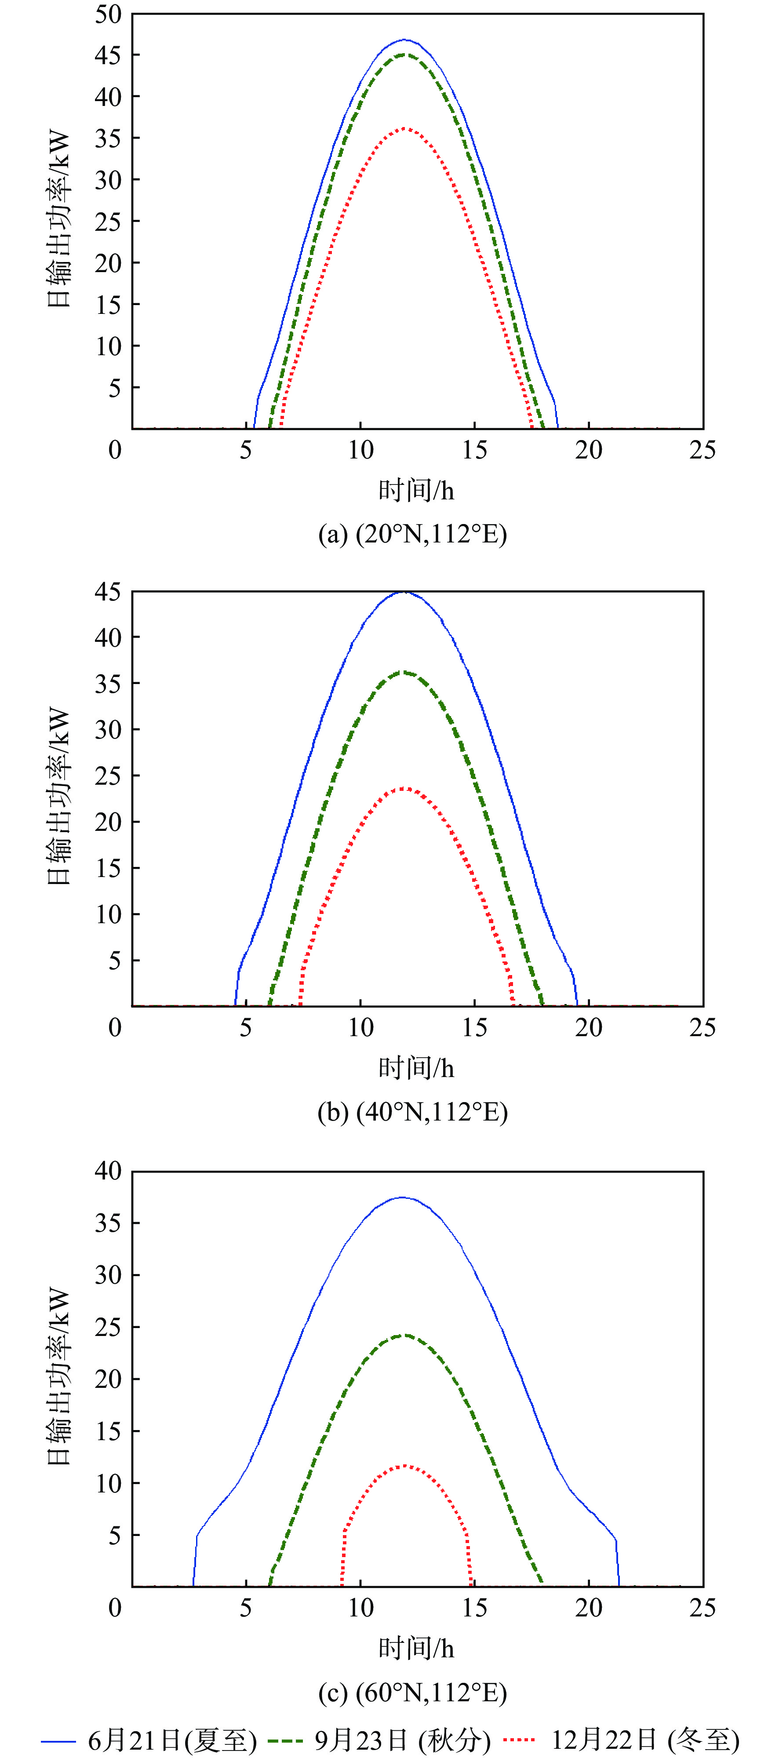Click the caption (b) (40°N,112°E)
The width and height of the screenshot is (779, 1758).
tap(412, 1112)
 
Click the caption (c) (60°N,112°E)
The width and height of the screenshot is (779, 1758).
tap(412, 1692)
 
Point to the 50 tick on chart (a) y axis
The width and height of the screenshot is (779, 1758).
tap(108, 15)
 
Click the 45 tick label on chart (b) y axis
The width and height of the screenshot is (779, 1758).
tap(108, 592)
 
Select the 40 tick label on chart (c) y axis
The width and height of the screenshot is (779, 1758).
tap(108, 1171)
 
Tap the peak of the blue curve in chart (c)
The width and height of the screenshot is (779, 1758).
tap(403, 1197)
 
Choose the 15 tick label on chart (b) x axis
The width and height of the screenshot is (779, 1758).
tap(474, 1028)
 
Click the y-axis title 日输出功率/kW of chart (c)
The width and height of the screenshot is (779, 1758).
tap(59, 1376)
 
